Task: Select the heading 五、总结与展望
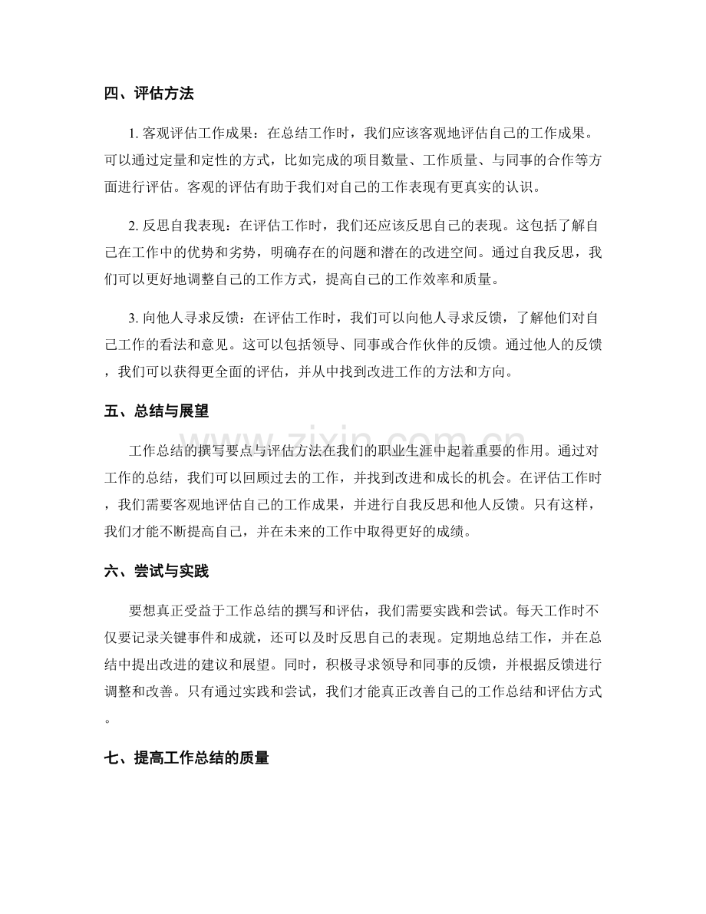tap(156, 411)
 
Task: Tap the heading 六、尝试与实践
tap(156, 571)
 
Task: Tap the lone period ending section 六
tap(107, 700)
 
